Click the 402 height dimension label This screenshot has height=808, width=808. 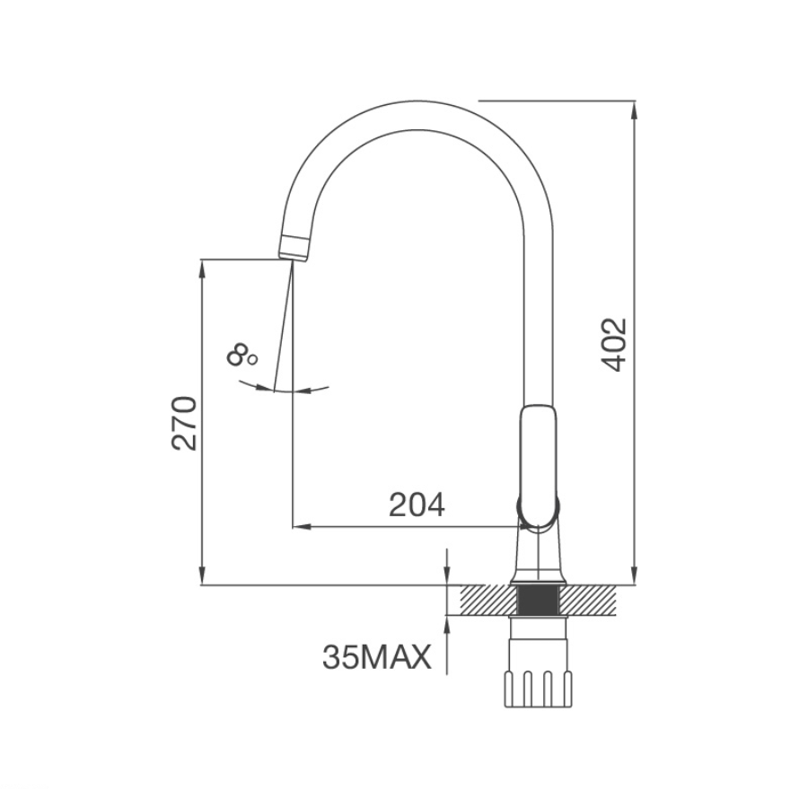coord(614,345)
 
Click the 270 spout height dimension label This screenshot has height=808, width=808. coord(184,423)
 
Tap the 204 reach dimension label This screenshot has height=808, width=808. coord(417,505)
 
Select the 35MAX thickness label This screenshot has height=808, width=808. coord(377,657)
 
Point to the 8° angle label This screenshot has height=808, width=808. coord(242,356)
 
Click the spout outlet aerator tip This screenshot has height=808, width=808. coord(294,249)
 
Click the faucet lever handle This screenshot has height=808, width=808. coord(538,468)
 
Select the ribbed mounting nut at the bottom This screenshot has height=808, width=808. coord(538,689)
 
